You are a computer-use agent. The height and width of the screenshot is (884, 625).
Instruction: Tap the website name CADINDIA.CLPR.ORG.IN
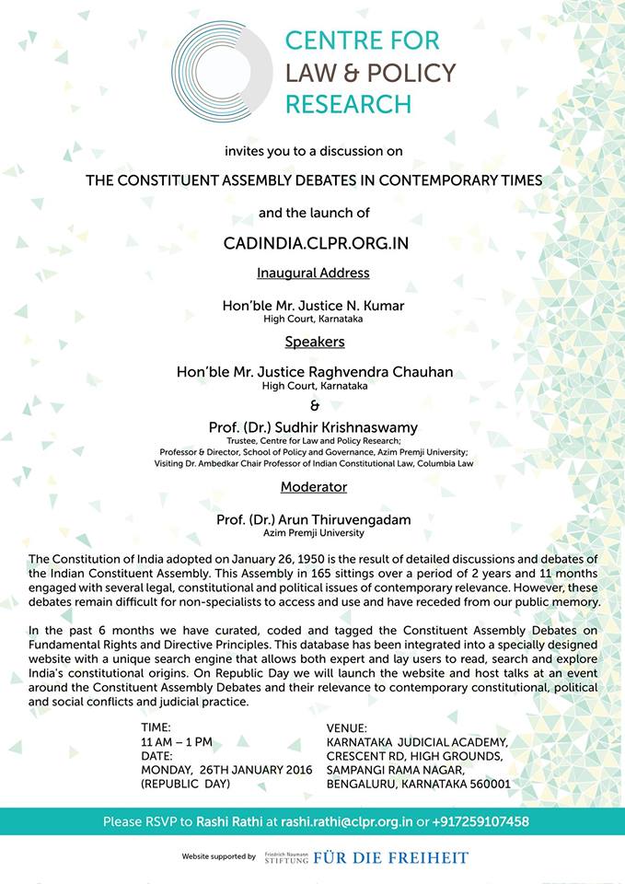[x=312, y=243]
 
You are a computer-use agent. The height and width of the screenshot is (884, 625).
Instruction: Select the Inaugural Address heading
[x=313, y=273]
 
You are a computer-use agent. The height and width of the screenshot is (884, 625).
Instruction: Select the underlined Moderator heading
[x=314, y=485]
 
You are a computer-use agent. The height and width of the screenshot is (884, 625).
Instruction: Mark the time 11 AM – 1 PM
[x=177, y=741]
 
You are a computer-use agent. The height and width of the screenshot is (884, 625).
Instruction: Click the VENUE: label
[x=347, y=727]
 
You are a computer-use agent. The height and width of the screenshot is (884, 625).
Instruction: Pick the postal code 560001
[x=485, y=784]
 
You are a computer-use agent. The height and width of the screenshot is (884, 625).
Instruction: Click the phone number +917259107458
[x=481, y=821]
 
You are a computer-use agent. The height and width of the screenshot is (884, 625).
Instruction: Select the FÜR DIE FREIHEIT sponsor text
[x=391, y=858]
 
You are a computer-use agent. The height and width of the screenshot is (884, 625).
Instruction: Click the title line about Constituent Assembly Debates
[x=314, y=180]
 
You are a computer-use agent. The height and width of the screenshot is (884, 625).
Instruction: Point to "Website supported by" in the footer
[x=219, y=857]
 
